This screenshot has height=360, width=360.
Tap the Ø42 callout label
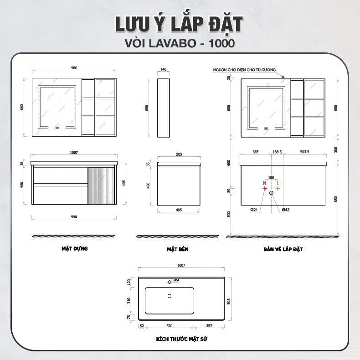tap(286, 210)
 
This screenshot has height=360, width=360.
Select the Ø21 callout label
tap(254, 210)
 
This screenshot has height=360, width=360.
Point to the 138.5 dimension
tap(277, 152)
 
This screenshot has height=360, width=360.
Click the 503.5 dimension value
tap(305, 152)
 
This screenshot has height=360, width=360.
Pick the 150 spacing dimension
tap(271, 177)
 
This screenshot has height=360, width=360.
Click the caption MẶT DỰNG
tap(75, 249)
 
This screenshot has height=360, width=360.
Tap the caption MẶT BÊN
tap(178, 249)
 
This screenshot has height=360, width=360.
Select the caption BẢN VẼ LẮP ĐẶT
tap(283, 249)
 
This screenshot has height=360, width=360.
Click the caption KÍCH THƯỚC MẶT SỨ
tap(182, 339)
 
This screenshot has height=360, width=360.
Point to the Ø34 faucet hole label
tap(176, 280)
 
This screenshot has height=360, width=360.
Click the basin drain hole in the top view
tap(170, 296)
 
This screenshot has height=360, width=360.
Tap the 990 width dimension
tap(74, 217)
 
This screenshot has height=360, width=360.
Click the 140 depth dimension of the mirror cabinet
tap(163, 69)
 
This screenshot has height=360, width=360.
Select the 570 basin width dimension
tap(170, 325)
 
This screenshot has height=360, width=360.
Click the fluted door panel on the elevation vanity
tap(101, 185)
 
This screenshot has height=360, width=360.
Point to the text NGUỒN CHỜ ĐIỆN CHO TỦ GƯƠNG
tap(244, 70)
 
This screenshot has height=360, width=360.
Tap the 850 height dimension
tap(336, 199)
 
